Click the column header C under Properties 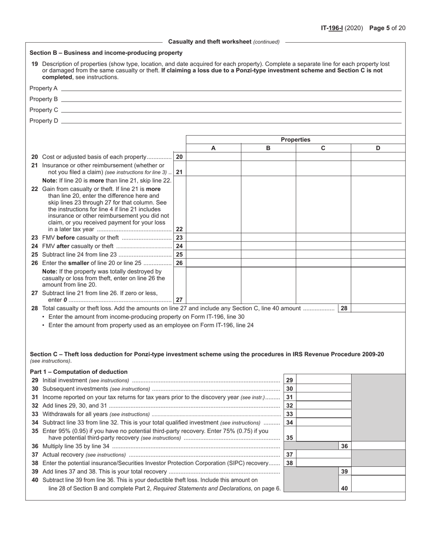pos(323,148)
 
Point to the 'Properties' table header pos(295,140)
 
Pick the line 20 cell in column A pos(213,157)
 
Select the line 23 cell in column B pos(268,237)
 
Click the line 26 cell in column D pos(378,263)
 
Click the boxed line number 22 pos(179,229)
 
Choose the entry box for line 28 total pos(378,308)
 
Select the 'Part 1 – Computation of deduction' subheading pos(78,372)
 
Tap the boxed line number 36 pos(344,446)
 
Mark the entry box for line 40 pos(378,488)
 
